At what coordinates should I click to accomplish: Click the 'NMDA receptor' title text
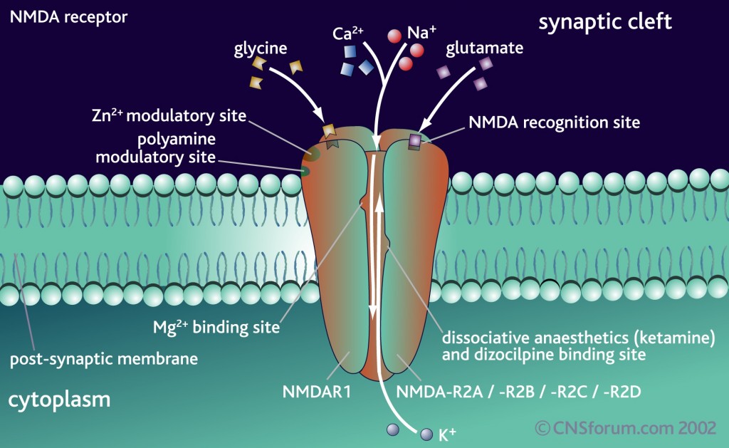point(68,16)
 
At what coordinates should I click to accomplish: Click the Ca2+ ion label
point(348,33)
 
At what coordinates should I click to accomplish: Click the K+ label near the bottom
point(448,435)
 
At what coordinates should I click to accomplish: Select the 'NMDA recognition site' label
point(554,122)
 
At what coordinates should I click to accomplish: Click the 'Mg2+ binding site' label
point(216,328)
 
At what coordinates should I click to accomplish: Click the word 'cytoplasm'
point(59,400)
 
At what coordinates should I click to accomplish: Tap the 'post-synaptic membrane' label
point(103,358)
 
